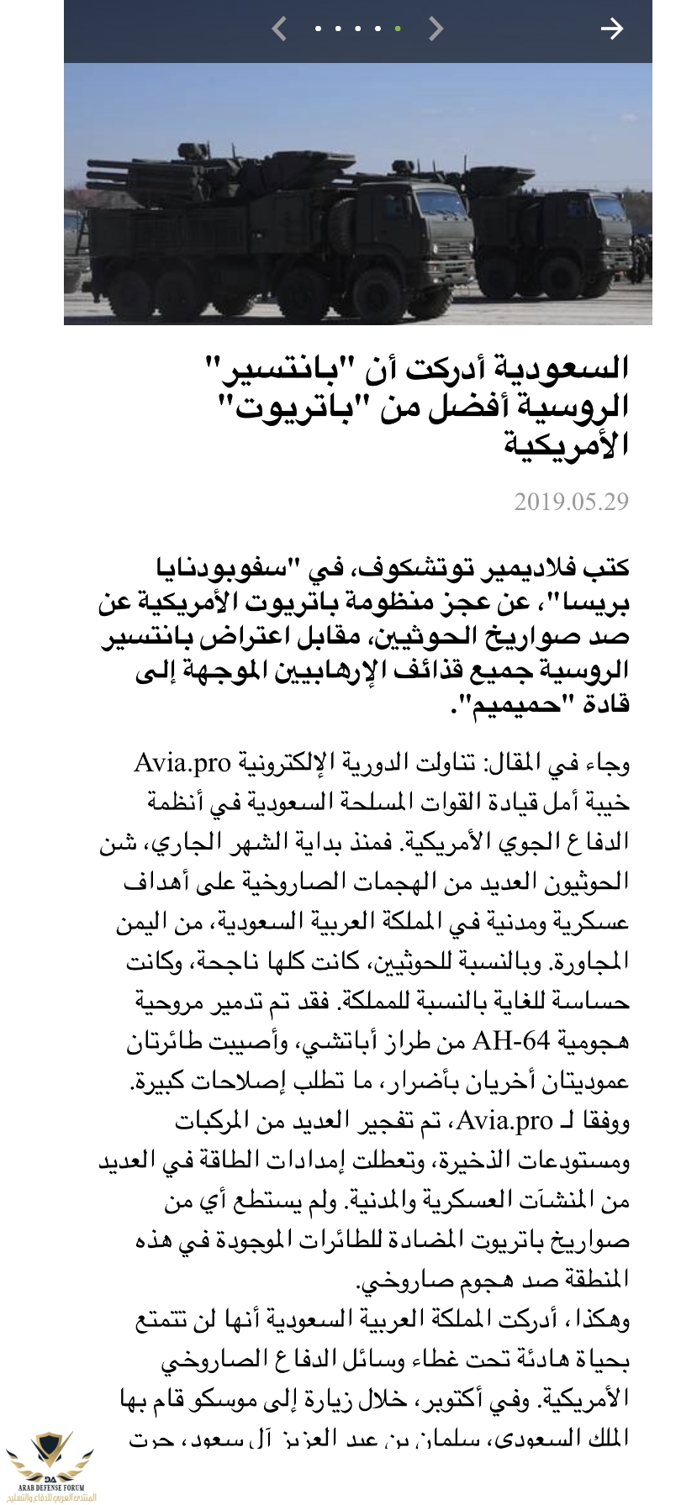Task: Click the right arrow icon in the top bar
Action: tap(611, 29)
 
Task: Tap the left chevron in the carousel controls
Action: tap(279, 29)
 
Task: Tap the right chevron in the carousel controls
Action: tap(435, 29)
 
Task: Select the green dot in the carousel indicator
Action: tap(398, 29)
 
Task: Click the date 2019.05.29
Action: tap(571, 502)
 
